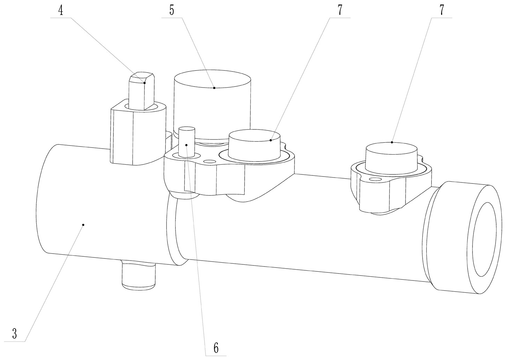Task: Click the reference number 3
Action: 15,333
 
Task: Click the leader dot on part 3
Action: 83,225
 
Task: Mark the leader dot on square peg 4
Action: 144,83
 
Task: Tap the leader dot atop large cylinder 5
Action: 214,88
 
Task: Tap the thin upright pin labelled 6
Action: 187,140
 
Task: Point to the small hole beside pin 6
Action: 209,162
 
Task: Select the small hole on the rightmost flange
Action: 375,179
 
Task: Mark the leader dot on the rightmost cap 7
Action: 392,142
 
